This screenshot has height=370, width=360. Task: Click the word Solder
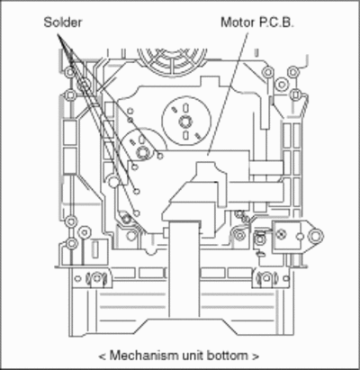(x=62, y=23)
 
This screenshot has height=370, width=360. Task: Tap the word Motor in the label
(x=238, y=23)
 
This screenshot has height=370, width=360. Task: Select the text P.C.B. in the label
(x=276, y=23)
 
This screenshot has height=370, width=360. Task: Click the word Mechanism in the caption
(x=144, y=356)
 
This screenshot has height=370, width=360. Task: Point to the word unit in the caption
(x=193, y=356)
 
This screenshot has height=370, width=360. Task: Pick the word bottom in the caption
(x=228, y=356)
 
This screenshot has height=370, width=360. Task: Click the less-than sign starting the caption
(x=103, y=356)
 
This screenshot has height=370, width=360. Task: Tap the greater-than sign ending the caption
(x=256, y=356)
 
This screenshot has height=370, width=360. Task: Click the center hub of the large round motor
(x=185, y=122)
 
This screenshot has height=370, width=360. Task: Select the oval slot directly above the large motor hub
(x=185, y=107)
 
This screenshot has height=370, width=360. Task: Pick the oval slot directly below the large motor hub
(x=185, y=135)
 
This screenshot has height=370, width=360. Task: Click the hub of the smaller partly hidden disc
(x=142, y=153)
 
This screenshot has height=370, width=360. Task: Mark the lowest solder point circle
(x=137, y=213)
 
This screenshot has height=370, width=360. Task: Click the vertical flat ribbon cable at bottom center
(x=184, y=269)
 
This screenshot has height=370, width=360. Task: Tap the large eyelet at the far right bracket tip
(x=316, y=236)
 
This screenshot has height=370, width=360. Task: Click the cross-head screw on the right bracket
(x=282, y=234)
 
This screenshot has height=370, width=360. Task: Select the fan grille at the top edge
(x=172, y=61)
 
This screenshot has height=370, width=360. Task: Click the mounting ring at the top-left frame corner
(x=70, y=72)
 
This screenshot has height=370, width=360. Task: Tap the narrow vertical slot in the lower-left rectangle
(x=95, y=249)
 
